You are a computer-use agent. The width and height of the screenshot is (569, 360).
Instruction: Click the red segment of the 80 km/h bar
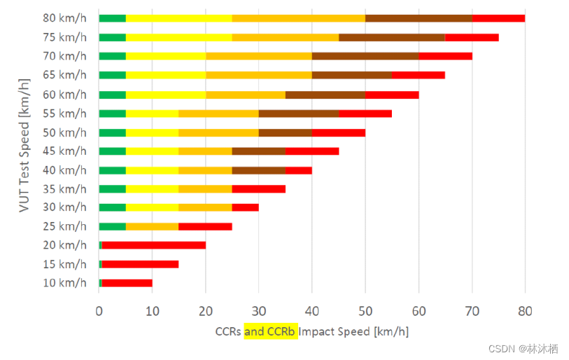click(498, 18)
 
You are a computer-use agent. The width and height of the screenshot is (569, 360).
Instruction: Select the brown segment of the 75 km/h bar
click(392, 37)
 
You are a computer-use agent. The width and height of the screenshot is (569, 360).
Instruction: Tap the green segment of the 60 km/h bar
click(112, 94)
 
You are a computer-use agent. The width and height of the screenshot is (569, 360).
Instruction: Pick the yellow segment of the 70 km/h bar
click(166, 56)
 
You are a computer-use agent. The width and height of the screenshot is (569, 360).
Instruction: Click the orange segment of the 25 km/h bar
click(152, 226)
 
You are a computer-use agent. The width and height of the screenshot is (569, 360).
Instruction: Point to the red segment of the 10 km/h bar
click(127, 283)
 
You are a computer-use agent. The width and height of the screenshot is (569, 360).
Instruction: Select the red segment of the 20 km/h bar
click(153, 245)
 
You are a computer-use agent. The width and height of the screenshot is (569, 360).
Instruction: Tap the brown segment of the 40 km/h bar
click(259, 169)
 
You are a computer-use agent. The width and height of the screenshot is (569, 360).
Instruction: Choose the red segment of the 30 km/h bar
click(245, 207)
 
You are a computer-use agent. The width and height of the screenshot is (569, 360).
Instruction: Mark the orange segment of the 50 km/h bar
click(218, 132)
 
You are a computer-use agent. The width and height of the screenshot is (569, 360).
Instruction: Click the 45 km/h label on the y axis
click(64, 151)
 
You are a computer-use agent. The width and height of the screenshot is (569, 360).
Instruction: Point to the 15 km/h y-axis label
click(64, 264)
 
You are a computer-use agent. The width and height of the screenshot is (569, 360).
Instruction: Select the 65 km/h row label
click(64, 75)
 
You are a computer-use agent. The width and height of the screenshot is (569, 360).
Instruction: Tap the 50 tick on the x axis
click(365, 311)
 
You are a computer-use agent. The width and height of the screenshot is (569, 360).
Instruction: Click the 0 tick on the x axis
click(99, 311)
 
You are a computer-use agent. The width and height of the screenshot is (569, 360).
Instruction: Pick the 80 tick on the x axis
click(525, 311)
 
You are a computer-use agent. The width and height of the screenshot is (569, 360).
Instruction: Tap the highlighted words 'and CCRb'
click(271, 331)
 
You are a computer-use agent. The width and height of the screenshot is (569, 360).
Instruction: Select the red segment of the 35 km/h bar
click(258, 188)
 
